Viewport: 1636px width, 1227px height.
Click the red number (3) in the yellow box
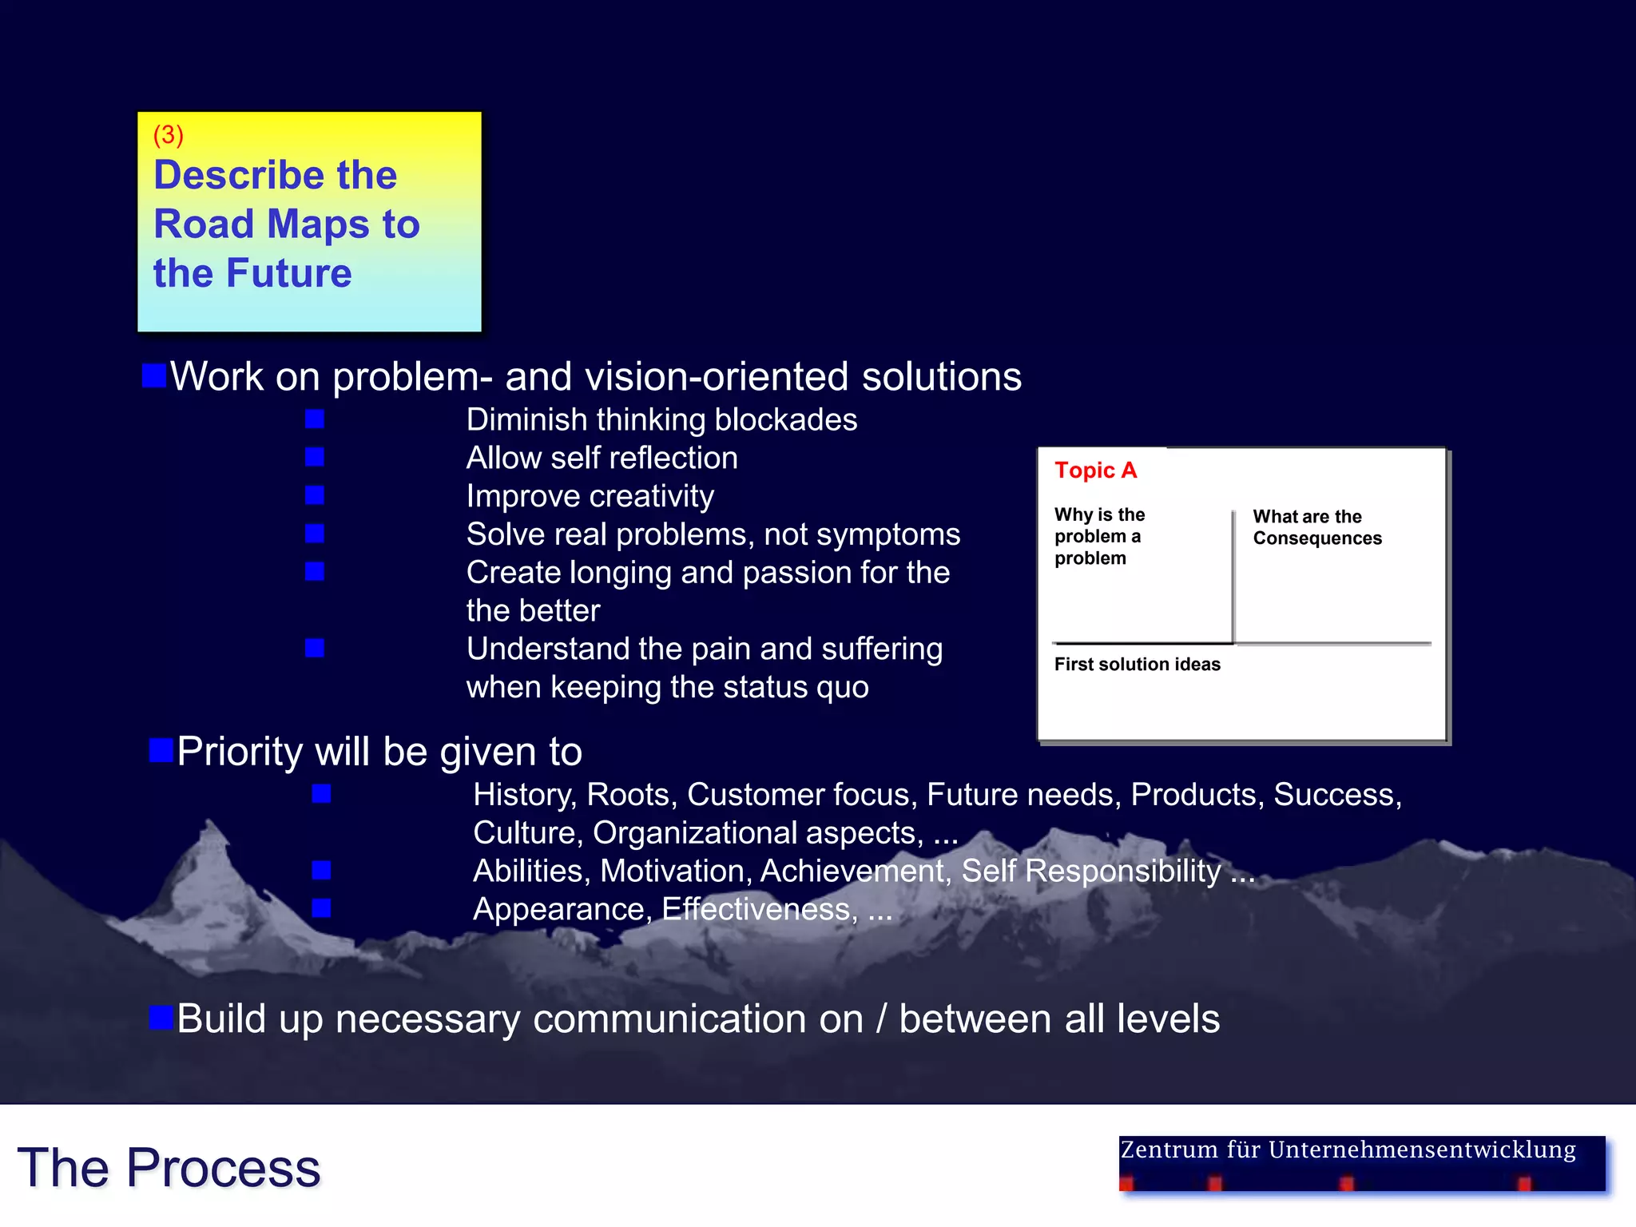(168, 135)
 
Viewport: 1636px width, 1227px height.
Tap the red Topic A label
(1094, 471)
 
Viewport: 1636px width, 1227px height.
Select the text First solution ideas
(1137, 665)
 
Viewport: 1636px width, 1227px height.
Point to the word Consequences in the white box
(1316, 538)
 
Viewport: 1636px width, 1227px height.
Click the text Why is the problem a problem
(1098, 536)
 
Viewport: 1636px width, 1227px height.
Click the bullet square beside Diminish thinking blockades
(315, 419)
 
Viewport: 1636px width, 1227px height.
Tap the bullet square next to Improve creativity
(315, 496)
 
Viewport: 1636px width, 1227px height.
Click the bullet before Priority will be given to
(161, 751)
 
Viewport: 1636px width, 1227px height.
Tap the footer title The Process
(169, 1168)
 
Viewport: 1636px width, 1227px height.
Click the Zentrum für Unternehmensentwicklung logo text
(1348, 1150)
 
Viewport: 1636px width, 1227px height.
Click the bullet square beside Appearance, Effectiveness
(321, 908)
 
